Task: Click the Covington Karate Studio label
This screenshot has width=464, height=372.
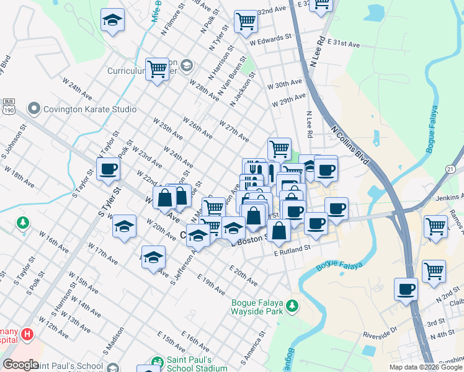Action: [89, 109]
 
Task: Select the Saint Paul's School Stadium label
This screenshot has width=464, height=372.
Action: [197, 364]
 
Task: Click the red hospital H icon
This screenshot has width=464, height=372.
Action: [27, 335]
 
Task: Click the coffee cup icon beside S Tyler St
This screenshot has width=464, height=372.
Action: [108, 169]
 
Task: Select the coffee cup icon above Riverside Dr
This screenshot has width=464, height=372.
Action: [406, 289]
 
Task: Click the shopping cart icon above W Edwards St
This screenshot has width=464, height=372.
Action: [246, 21]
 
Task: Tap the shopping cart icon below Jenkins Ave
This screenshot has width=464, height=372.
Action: [436, 227]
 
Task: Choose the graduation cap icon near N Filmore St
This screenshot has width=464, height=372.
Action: [112, 21]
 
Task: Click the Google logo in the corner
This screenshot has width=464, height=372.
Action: [20, 365]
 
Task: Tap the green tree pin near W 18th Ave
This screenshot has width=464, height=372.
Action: [23, 222]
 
